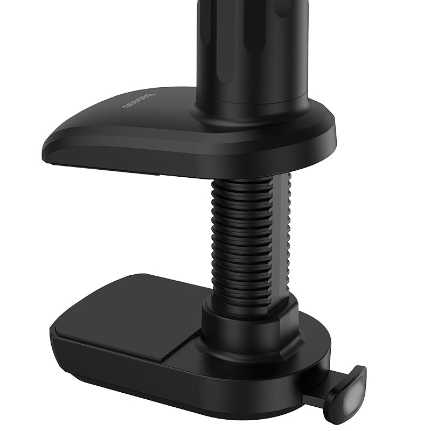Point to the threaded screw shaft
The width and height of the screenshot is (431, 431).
tap(242, 237)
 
